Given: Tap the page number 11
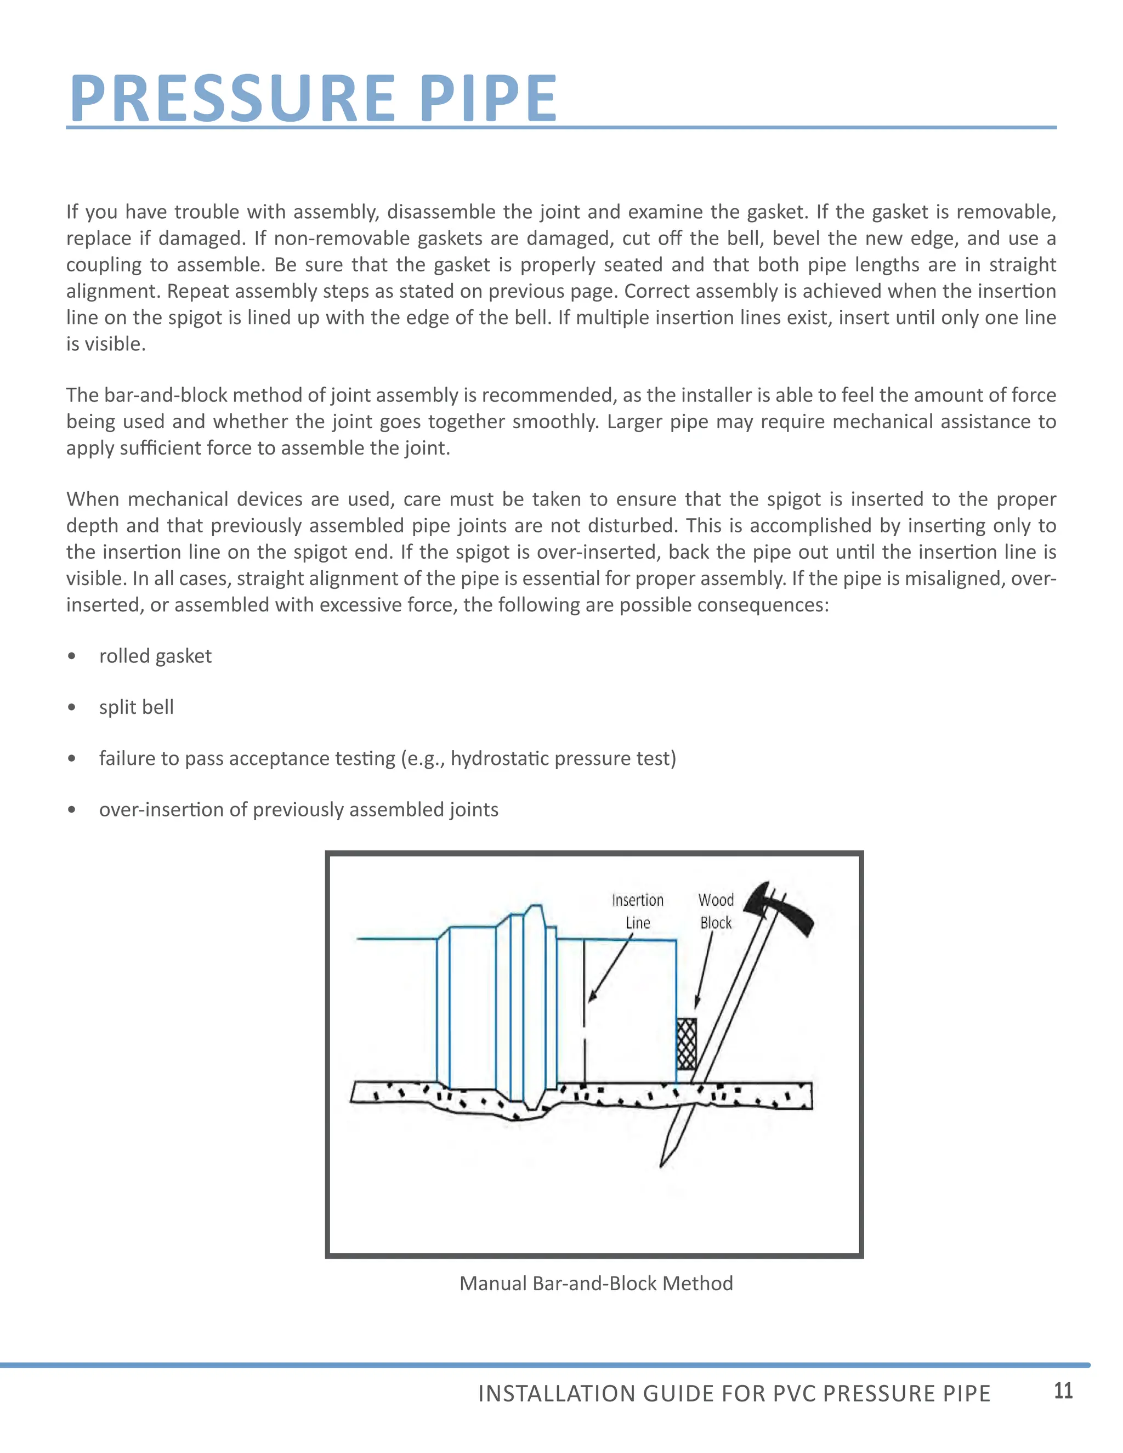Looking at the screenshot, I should point(1063,1390).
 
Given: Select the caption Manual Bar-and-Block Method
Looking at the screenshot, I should point(596,1284).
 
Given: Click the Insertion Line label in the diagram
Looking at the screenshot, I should point(637,911).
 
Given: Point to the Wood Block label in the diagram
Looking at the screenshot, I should point(716,911).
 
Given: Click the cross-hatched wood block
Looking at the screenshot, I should point(687,1043).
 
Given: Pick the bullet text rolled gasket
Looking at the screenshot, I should point(155,656).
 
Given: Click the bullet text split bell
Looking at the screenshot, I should point(137,707).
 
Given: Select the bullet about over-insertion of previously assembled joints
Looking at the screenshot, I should point(299,810).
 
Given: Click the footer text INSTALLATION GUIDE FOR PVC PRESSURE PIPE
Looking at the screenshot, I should point(734,1393).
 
